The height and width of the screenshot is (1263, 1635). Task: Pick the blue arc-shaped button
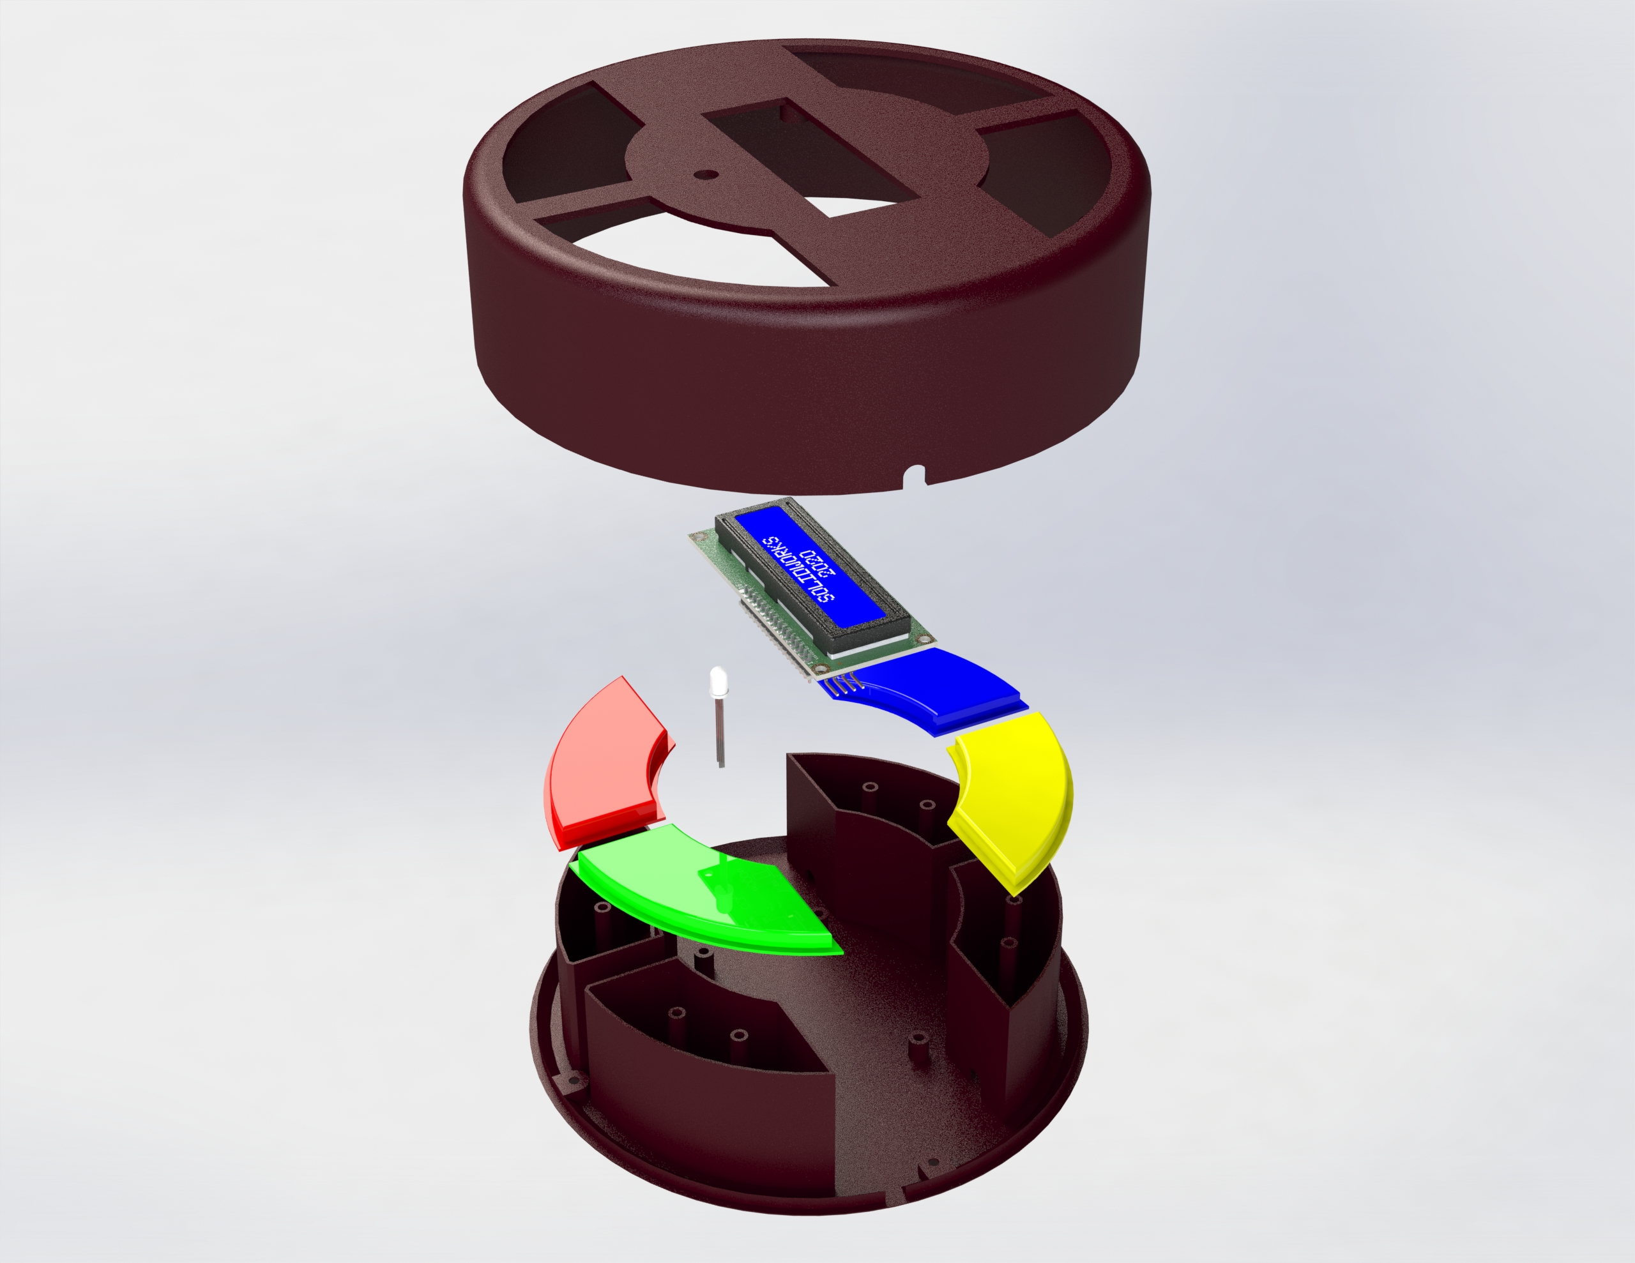pos(936,689)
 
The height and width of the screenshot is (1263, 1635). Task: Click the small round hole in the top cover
pos(705,174)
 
